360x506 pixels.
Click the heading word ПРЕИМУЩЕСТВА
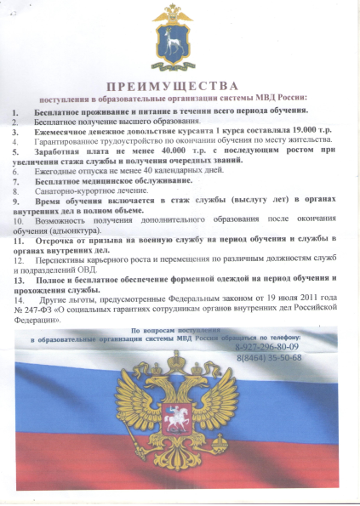(x=180, y=86)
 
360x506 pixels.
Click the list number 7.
(x=15, y=181)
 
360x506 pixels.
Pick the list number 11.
(x=18, y=241)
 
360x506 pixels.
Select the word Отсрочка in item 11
(x=57, y=241)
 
